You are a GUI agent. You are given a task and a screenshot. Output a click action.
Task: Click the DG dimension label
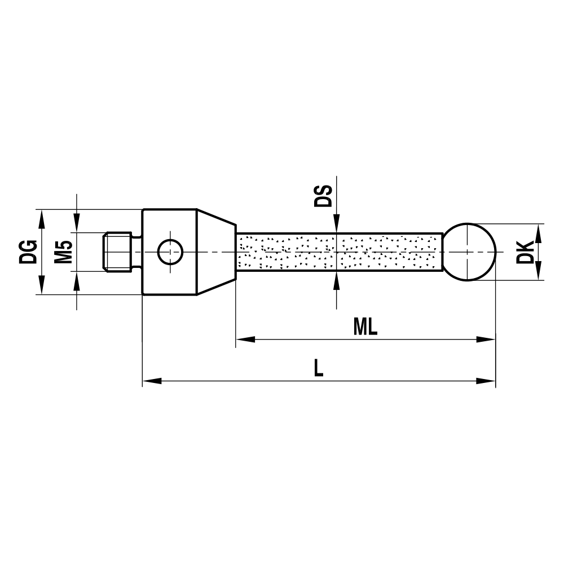point(28,252)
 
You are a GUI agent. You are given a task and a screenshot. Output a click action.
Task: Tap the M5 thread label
point(63,252)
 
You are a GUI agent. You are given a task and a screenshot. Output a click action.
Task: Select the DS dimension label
point(323,195)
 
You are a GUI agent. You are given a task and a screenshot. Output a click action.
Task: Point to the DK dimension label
point(525,252)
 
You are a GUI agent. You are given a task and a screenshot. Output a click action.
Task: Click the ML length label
point(365,327)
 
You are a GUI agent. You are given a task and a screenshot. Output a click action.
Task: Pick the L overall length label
point(319,369)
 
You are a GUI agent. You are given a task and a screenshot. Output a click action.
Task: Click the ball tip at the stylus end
point(469,252)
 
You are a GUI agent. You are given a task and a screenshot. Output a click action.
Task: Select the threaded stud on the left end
point(117,252)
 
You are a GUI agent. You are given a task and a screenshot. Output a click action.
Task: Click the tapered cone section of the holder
point(216,252)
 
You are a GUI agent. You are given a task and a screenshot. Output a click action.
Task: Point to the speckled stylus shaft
point(338,252)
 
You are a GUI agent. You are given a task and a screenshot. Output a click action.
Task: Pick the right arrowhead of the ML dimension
point(486,340)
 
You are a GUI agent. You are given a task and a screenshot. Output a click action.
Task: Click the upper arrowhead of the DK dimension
point(538,232)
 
